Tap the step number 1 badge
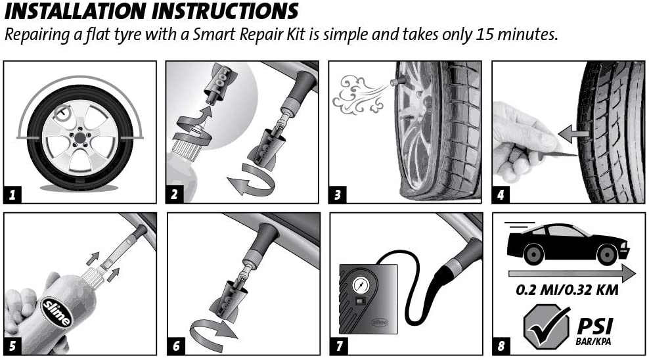12,194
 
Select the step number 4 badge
501,194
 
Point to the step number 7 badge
339,346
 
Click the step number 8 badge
501,346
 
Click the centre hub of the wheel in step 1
79,139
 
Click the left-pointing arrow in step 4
573,134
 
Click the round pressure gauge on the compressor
361,285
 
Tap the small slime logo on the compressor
380,322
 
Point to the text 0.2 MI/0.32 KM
567,290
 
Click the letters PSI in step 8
594,326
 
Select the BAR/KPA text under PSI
593,342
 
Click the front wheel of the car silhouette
607,254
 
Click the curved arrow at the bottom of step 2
251,179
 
